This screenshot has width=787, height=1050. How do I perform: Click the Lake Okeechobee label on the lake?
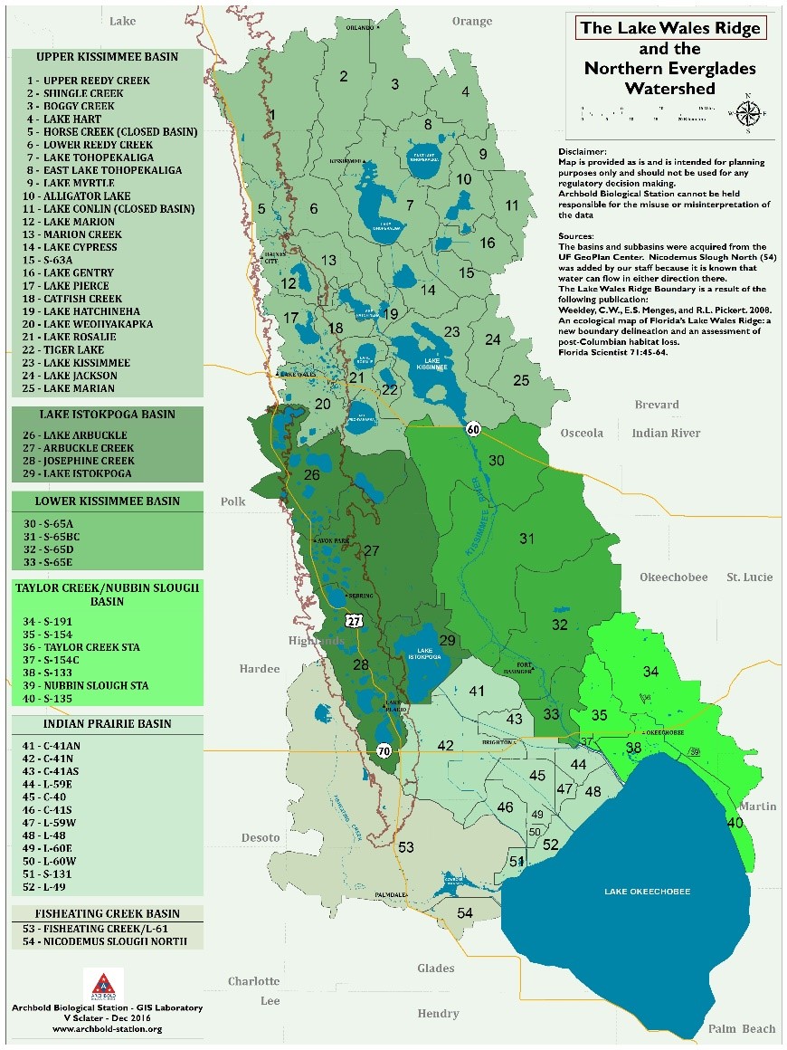(647, 892)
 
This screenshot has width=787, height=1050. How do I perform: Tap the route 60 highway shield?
(473, 428)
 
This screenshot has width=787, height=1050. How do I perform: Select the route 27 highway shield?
(353, 618)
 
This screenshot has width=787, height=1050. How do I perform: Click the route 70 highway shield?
(384, 750)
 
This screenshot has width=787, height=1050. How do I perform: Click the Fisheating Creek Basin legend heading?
(108, 913)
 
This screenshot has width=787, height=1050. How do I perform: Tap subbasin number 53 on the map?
(406, 847)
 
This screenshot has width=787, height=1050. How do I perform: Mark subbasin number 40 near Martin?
(735, 823)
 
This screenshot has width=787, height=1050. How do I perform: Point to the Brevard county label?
(657, 405)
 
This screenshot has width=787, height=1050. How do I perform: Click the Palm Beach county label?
(741, 1028)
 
